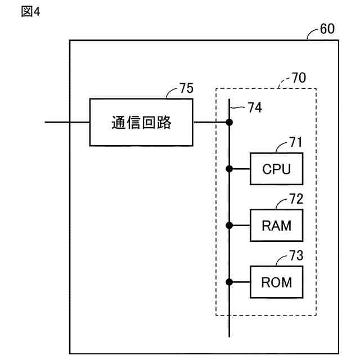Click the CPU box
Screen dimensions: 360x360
pos(276,168)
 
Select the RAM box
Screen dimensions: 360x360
pos(276,225)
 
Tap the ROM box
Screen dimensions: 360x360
pos(276,282)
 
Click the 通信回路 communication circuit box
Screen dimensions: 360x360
pos(141,122)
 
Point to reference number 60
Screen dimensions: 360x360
pos(327,29)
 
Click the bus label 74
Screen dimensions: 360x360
pos(254,107)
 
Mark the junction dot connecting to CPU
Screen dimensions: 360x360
pos(229,168)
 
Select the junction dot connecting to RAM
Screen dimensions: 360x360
pos(229,225)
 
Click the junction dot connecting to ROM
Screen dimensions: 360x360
pos(229,282)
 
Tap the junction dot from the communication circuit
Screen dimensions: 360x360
pos(229,122)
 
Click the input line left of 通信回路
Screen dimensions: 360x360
pos(67,122)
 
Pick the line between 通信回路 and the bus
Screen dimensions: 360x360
pos(210,122)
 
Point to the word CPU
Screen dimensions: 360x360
pos(276,168)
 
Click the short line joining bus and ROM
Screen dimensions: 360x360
pos(240,282)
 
